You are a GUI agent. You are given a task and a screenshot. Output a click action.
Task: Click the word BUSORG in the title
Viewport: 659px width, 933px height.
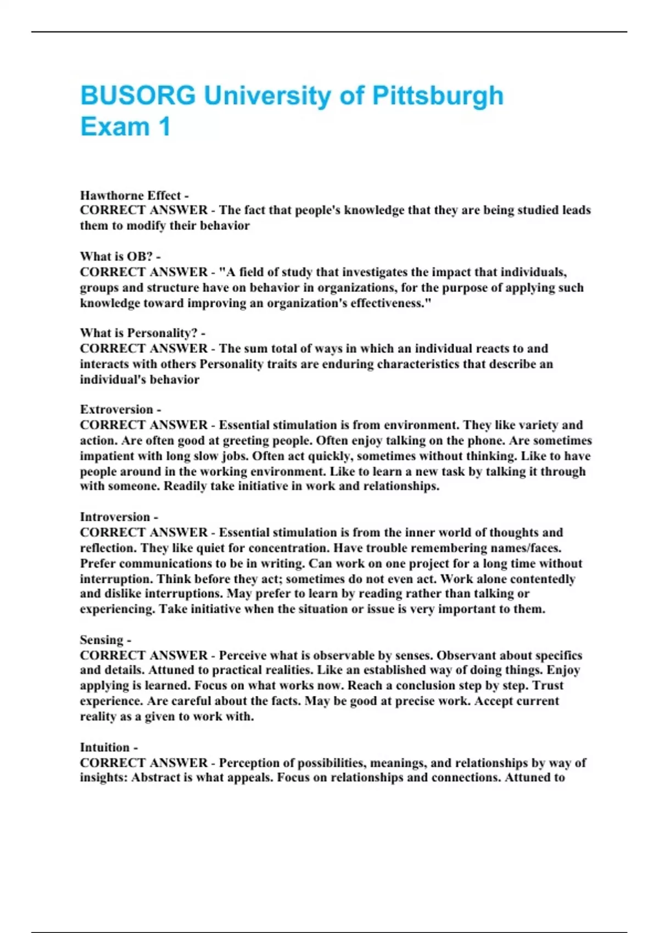138,95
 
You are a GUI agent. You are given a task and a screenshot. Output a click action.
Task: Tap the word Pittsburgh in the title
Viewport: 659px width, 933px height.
438,95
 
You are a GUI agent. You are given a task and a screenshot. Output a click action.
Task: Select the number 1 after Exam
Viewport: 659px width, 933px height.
164,127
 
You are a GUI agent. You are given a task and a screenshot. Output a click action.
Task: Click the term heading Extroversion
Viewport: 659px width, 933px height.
116,409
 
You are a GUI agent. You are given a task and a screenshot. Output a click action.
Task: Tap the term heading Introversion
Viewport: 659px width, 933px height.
115,517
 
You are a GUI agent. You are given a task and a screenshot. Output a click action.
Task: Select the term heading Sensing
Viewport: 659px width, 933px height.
102,640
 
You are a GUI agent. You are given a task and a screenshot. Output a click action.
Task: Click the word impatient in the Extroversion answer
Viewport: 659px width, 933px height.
108,456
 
